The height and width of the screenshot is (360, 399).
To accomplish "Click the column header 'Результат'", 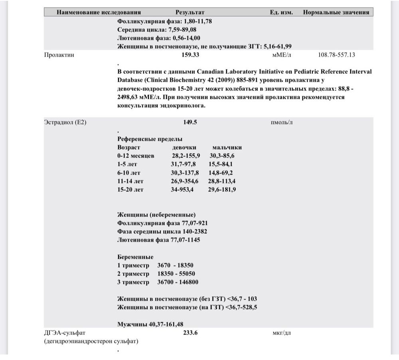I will tap(190, 12).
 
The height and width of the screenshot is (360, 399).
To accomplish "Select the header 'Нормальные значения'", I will tap(336, 12).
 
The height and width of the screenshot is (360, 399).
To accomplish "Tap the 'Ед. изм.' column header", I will tap(281, 12).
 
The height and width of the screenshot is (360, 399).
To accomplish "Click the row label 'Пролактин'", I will tap(59, 55).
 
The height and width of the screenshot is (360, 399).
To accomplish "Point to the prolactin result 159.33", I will tap(190, 55).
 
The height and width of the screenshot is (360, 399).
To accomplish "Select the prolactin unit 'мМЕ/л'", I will tap(282, 55).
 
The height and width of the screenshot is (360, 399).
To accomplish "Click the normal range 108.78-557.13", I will tap(336, 55).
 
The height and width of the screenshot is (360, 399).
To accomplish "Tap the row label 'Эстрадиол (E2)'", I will tap(65, 122).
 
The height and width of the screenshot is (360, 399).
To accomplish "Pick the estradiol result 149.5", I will tap(190, 122).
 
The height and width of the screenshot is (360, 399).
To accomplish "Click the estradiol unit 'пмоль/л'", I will tap(282, 122).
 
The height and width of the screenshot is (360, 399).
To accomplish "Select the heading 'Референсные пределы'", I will tap(150, 139).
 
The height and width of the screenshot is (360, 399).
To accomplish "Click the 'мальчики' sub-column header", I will tap(227, 148).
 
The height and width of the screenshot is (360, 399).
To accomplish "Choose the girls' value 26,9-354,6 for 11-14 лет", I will tap(186, 181).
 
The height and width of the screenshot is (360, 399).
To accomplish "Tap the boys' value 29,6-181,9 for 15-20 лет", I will tap(222, 189).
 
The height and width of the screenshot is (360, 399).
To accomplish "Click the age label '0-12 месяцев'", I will tap(136, 156).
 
